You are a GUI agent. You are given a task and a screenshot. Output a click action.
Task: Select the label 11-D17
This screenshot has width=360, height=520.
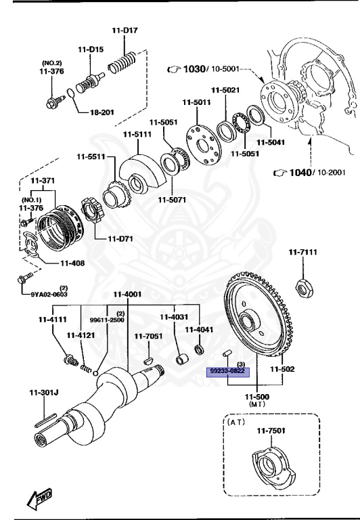coord(125,30)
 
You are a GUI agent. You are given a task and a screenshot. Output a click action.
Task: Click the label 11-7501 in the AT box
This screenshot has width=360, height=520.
coord(270,431)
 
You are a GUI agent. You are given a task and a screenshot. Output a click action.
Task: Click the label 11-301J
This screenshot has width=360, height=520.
coord(44,392)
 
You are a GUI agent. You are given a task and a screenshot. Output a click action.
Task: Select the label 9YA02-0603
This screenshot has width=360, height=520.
coord(49,294)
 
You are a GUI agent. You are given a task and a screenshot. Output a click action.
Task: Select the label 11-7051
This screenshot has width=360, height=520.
coord(148,336)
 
